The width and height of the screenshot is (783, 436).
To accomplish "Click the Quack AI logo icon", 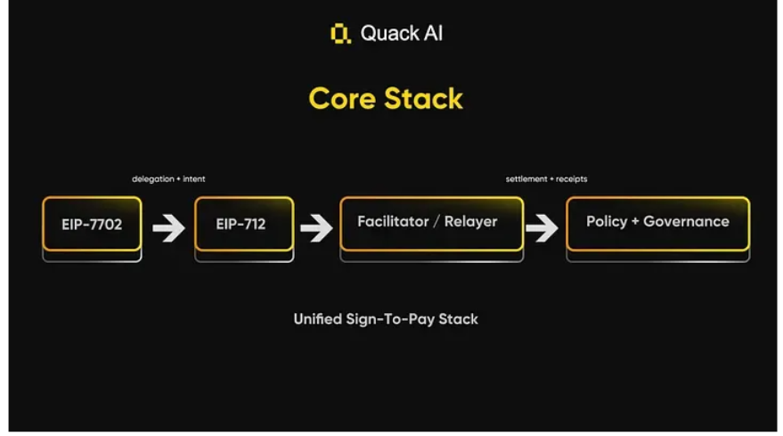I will click(x=340, y=35).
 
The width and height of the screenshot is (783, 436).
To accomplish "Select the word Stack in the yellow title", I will click(x=423, y=98).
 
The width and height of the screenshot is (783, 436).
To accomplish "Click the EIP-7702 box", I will click(x=92, y=224).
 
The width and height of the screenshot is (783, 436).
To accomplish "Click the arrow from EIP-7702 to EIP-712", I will click(x=167, y=227).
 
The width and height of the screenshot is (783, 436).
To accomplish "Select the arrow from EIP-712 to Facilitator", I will click(x=316, y=227).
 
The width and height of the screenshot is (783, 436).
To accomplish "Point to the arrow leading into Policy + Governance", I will click(x=542, y=227).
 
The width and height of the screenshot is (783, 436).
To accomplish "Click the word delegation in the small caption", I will click(x=152, y=179).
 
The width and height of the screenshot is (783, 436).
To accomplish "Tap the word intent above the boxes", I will click(x=193, y=179).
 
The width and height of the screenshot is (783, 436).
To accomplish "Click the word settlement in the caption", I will click(x=525, y=179).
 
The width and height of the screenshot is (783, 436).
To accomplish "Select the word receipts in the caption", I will click(x=571, y=179).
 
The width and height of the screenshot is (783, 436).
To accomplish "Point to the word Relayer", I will click(x=470, y=221).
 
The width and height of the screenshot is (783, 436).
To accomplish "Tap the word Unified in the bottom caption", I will click(x=317, y=318).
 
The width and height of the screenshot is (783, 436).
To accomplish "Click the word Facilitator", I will click(x=390, y=221).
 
